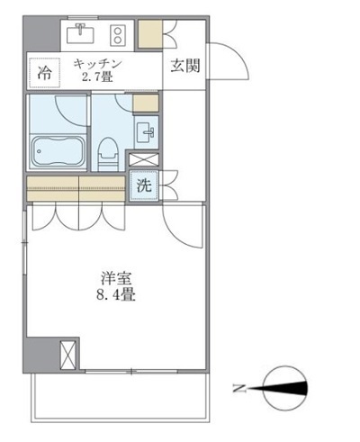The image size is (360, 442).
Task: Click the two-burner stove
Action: point(117,35)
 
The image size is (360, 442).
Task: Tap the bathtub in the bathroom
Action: point(58,150)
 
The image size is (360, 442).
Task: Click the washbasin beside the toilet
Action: point(148,132)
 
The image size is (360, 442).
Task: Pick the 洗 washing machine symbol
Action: point(144,187)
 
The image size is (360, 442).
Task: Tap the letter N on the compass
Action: point(239,389)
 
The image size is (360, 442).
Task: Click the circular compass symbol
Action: point(287,388)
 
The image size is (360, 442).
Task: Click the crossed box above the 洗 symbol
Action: point(144,161)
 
